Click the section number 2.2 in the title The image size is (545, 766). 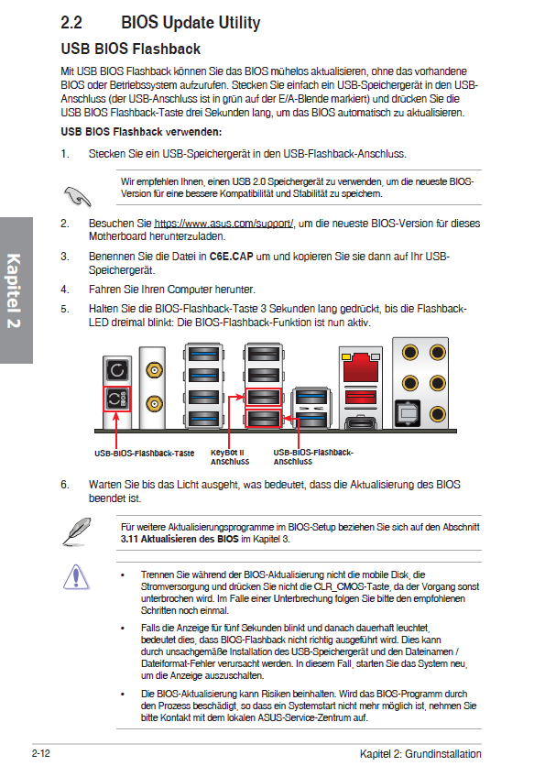tap(71, 23)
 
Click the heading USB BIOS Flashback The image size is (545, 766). tap(130, 49)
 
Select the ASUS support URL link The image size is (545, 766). tap(223, 224)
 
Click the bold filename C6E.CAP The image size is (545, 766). tap(231, 257)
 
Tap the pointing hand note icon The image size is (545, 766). tap(77, 196)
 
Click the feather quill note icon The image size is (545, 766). tap(77, 531)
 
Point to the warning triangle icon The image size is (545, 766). tap(76, 577)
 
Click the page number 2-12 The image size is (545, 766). tap(41, 753)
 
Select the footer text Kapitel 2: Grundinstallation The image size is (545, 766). tap(420, 754)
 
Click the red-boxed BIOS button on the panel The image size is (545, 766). tap(116, 399)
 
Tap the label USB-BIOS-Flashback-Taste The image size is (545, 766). tap(145, 454)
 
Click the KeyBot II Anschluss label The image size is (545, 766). tap(230, 457)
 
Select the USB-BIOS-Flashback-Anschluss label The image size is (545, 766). tap(313, 457)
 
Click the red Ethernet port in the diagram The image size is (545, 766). tap(361, 367)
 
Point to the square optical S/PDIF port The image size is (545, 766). tap(408, 413)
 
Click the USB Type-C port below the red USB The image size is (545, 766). tap(361, 422)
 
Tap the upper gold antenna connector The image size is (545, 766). tap(154, 370)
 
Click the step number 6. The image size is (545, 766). tap(65, 485)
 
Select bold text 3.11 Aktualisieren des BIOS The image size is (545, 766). tap(180, 540)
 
